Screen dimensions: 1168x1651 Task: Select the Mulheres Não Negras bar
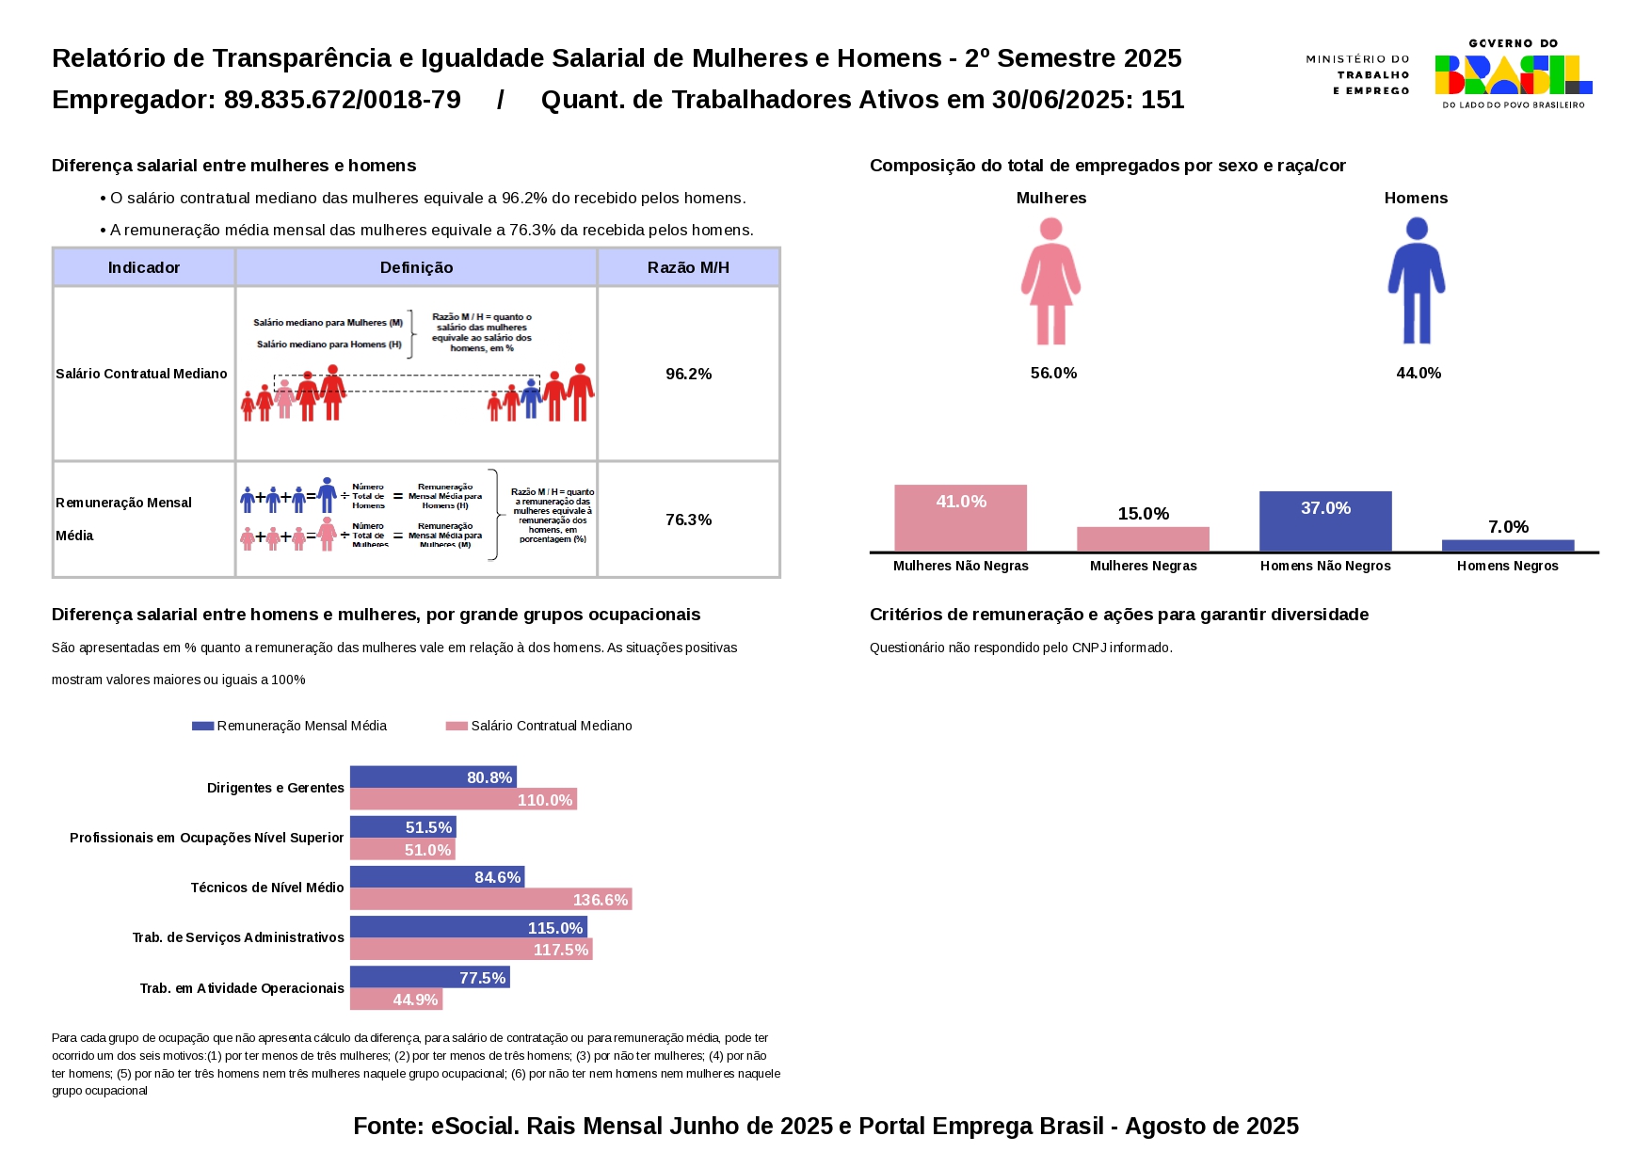click(960, 519)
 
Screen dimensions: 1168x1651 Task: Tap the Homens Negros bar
click(1507, 546)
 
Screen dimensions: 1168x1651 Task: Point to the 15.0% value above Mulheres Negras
click(1143, 514)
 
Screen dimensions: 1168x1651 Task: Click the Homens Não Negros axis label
click(1324, 566)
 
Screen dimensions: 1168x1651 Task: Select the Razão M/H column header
click(688, 268)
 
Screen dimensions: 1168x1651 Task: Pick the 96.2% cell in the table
click(688, 375)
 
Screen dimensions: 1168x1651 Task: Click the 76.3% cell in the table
click(688, 520)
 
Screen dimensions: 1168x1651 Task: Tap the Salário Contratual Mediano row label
click(141, 375)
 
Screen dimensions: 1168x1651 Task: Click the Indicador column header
click(143, 268)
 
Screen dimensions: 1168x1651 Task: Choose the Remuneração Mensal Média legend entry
click(290, 726)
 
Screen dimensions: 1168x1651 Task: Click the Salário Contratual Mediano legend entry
click(540, 726)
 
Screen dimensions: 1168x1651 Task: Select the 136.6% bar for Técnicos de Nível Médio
click(490, 900)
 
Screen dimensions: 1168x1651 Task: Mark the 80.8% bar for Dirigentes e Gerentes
click(433, 777)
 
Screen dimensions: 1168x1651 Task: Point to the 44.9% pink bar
click(395, 1000)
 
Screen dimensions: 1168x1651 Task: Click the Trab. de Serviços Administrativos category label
click(238, 937)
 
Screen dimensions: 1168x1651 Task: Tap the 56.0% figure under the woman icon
click(1053, 374)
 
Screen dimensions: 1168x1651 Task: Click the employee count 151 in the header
click(1162, 100)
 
